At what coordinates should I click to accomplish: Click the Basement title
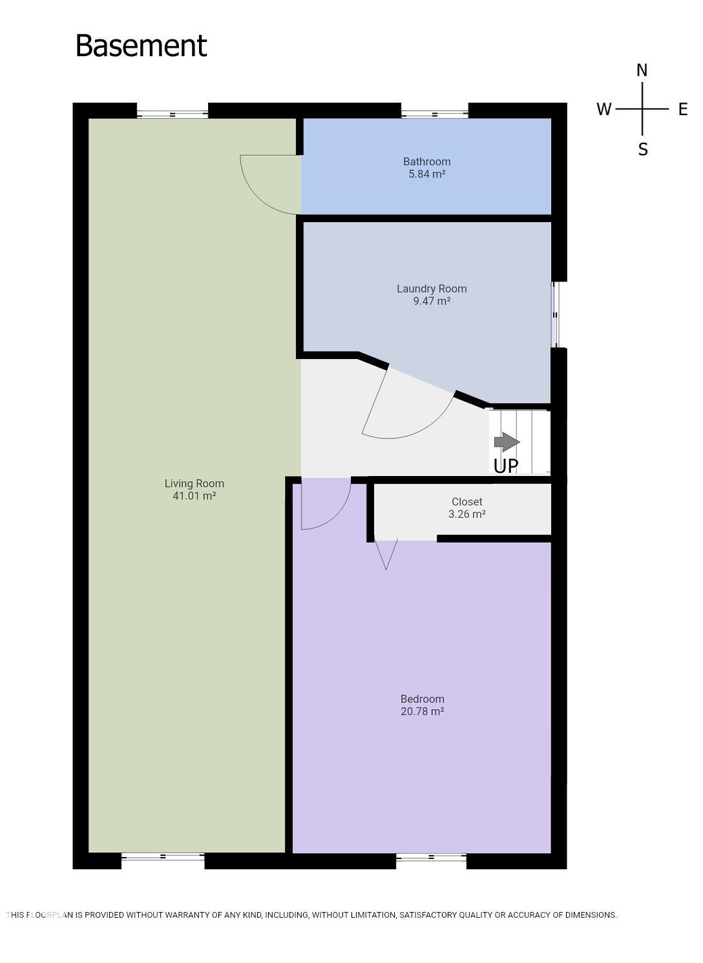141,46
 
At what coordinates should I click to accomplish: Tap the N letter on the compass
642,70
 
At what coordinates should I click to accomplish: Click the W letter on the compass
603,109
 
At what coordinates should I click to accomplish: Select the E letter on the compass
682,109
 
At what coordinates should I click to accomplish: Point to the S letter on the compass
642,150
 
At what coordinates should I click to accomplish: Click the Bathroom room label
426,161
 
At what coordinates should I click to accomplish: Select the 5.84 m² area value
426,174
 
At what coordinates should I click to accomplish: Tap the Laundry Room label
431,289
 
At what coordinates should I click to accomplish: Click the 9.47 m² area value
431,301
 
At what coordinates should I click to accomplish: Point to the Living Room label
194,483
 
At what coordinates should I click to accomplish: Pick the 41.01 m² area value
194,496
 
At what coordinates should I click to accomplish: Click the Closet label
467,502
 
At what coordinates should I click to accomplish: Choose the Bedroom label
422,699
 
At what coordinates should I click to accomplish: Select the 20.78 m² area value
422,712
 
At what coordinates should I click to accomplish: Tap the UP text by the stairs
505,466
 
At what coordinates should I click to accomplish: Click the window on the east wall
555,315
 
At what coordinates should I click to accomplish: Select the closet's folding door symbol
386,554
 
